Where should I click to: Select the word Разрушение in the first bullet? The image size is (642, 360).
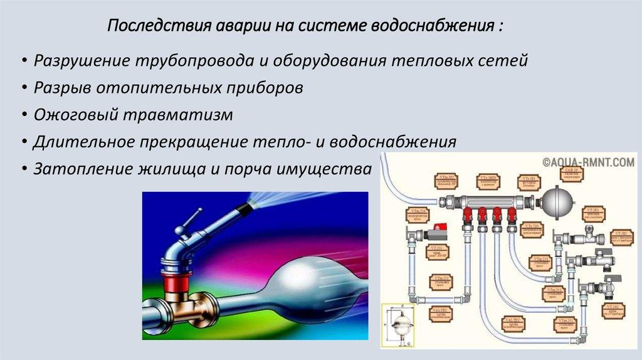[82, 61]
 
